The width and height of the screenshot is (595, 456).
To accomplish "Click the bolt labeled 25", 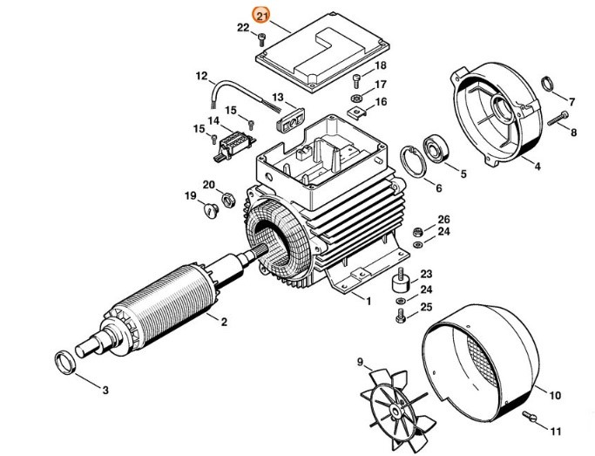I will coord(401,316).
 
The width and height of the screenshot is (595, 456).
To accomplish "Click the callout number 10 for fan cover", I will coord(555,393).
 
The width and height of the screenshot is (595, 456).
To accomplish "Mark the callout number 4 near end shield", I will coord(538,165).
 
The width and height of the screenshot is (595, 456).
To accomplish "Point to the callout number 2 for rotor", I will coord(224,323).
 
